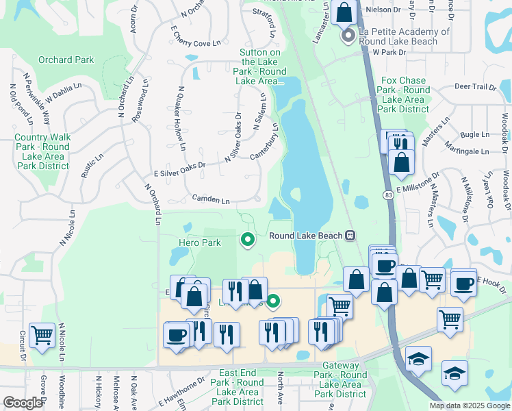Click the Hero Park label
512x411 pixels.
click(x=200, y=242)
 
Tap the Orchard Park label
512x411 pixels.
click(x=66, y=60)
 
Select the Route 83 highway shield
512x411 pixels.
click(x=387, y=195)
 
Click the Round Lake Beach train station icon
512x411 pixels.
click(x=350, y=236)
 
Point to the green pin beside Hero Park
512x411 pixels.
click(x=247, y=240)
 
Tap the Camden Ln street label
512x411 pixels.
click(x=211, y=200)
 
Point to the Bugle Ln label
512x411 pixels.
click(x=475, y=135)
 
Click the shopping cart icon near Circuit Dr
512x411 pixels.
click(x=42, y=336)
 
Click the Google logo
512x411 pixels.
click(x=22, y=403)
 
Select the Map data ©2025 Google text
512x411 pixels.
click(x=470, y=406)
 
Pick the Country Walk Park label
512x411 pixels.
click(x=42, y=151)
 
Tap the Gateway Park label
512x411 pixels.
click(x=340, y=379)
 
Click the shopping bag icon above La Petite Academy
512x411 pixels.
click(x=344, y=12)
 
